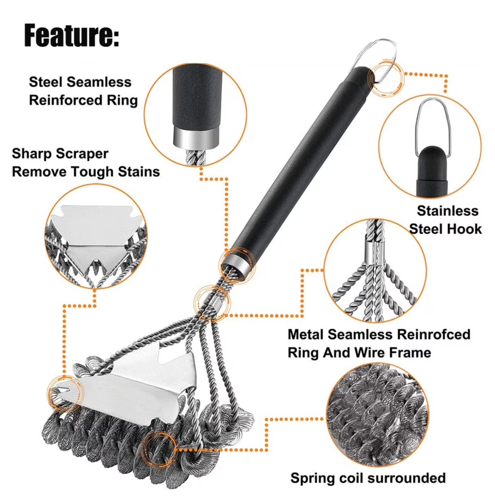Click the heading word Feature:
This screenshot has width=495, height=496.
tap(72, 35)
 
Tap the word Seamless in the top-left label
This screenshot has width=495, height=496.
tap(99, 82)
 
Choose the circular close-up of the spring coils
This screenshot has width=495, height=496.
tap(377, 415)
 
